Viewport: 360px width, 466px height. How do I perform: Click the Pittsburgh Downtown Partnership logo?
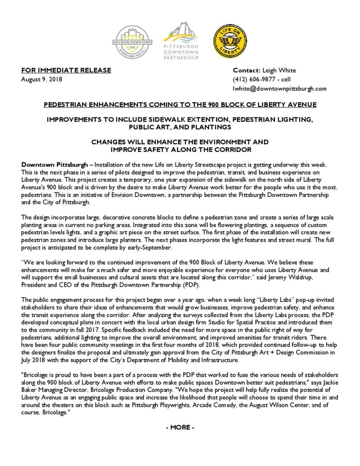click(x=181, y=40)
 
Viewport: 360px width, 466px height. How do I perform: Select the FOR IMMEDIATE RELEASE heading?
click(x=66, y=70)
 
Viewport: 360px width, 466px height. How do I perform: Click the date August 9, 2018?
click(x=42, y=79)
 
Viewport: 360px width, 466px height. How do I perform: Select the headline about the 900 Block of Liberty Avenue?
click(x=180, y=105)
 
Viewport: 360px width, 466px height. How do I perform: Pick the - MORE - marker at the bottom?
click(x=180, y=427)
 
